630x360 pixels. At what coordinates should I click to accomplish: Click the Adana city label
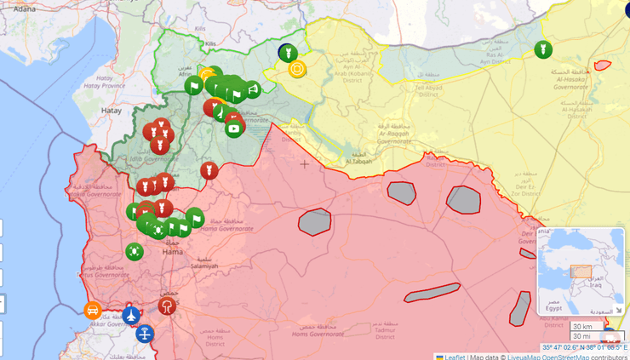(x=25, y=8)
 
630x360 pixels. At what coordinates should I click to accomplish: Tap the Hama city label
(x=173, y=252)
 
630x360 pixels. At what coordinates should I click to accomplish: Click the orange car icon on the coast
(x=93, y=310)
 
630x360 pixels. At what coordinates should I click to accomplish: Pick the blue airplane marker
(x=131, y=315)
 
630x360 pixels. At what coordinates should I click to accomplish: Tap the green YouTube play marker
(x=233, y=129)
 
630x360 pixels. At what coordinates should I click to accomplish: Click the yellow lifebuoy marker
(x=297, y=69)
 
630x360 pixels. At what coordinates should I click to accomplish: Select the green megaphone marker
(x=252, y=89)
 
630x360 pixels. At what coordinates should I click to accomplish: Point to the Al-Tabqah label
(x=359, y=160)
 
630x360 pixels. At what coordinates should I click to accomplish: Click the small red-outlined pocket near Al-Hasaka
(x=603, y=65)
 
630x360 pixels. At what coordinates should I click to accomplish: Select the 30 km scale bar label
(x=583, y=327)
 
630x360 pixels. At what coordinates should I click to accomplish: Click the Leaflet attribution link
(x=453, y=356)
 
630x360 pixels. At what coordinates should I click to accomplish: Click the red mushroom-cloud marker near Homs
(x=168, y=306)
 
